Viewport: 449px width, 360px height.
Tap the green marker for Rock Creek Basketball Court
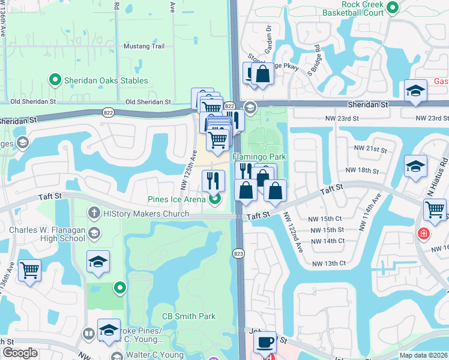pyautogui.click(x=393, y=8)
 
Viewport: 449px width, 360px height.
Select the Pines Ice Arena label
pyautogui.click(x=176, y=199)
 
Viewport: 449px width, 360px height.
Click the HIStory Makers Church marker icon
pyautogui.click(x=94, y=212)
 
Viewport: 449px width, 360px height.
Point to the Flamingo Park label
pyautogui.click(x=259, y=157)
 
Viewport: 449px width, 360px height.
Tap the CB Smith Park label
pyautogui.click(x=188, y=316)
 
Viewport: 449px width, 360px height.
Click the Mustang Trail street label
pyautogui.click(x=143, y=46)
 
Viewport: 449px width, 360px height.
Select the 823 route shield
pyautogui.click(x=239, y=254)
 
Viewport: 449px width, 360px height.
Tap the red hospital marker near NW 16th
pyautogui.click(x=424, y=233)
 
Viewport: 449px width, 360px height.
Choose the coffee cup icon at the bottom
pyautogui.click(x=264, y=342)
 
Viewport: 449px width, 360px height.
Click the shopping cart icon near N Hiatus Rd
pyautogui.click(x=435, y=210)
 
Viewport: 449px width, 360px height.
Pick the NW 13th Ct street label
pyautogui.click(x=328, y=263)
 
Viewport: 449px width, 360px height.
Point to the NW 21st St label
pyautogui.click(x=369, y=148)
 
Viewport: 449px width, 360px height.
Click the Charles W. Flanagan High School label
pyautogui.click(x=47, y=233)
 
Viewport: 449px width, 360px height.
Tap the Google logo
pyautogui.click(x=19, y=353)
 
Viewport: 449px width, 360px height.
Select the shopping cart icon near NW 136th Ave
pyautogui.click(x=29, y=269)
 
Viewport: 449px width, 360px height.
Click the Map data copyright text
pyautogui.click(x=424, y=355)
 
